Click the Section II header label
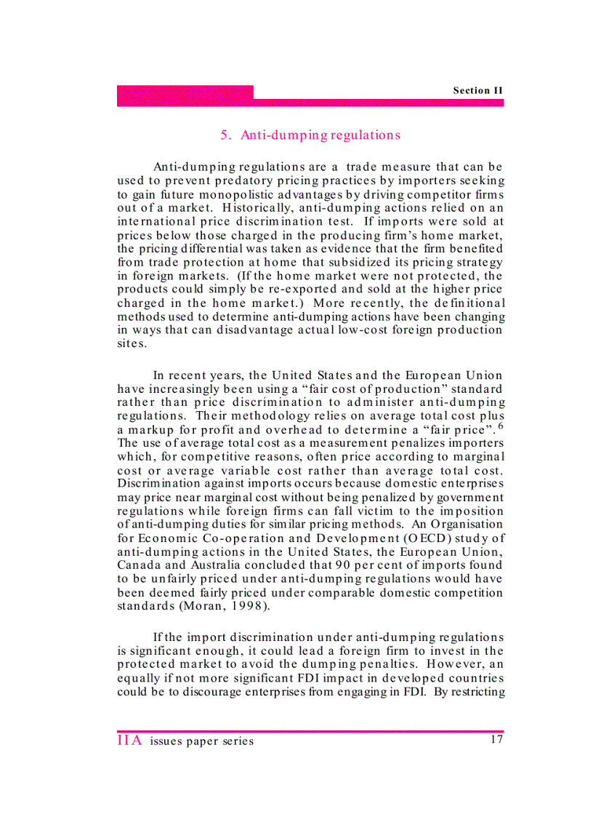[x=477, y=90]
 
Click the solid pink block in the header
[x=185, y=92]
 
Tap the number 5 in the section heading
[x=225, y=135]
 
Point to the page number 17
[x=496, y=740]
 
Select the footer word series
[x=238, y=741]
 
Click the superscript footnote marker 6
[x=501, y=425]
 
